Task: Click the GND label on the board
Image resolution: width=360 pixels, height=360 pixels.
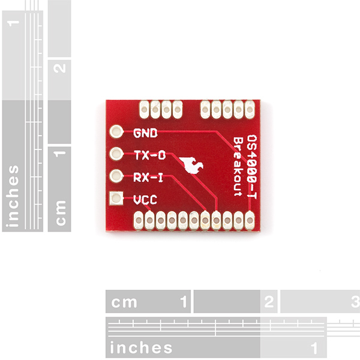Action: click(145, 133)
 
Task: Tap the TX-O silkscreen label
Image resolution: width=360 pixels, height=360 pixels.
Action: click(149, 155)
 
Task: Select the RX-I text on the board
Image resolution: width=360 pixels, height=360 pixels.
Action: click(148, 178)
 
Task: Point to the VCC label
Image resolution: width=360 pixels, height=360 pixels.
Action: click(145, 200)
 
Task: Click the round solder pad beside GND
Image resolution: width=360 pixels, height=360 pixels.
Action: click(116, 132)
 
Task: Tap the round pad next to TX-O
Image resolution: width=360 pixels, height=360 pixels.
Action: click(116, 154)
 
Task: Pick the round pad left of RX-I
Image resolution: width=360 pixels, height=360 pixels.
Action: click(116, 176)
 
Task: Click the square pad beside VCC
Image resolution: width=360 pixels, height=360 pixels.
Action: click(116, 198)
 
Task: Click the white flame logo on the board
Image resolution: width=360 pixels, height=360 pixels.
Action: click(191, 165)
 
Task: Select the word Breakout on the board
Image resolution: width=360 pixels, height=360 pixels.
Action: click(238, 167)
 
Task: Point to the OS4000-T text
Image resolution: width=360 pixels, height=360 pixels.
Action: click(251, 167)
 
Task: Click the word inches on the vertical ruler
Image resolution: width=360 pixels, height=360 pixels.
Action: click(13, 196)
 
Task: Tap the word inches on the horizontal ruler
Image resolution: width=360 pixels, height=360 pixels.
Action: click(141, 347)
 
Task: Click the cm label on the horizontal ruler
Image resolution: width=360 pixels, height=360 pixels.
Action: click(124, 302)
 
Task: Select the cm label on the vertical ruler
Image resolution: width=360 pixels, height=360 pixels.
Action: click(61, 213)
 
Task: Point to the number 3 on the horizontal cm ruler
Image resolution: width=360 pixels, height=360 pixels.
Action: click(355, 302)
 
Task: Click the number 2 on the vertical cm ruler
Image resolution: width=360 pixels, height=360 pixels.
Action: click(59, 68)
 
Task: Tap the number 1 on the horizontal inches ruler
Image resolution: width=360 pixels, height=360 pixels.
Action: click(314, 348)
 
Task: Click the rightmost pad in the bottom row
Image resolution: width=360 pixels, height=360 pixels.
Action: click(250, 220)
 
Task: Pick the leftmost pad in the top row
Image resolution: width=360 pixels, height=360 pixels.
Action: click(145, 110)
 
